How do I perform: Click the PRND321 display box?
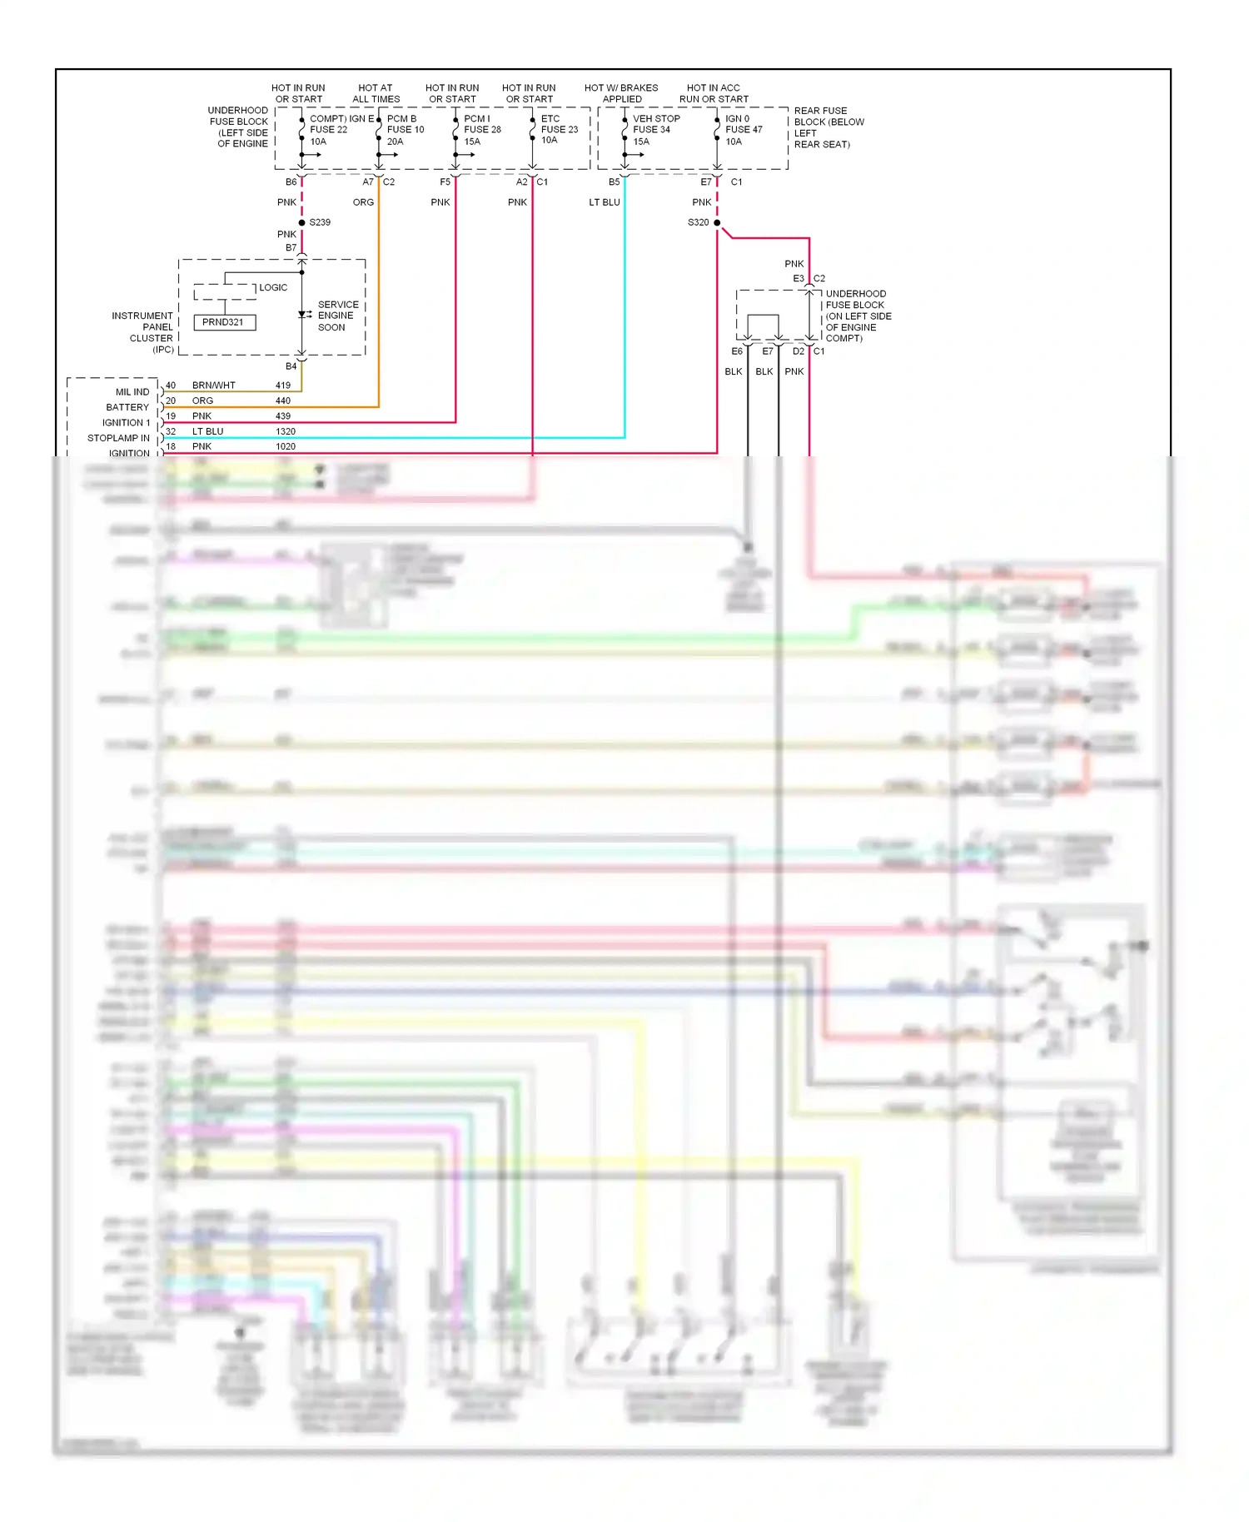point(224,322)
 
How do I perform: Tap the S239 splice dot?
point(301,222)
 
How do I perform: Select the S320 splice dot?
point(717,222)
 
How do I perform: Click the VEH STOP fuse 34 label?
point(655,130)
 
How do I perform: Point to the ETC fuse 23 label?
point(559,129)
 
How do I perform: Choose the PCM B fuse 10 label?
point(405,130)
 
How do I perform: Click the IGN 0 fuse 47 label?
point(743,130)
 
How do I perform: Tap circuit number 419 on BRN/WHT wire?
point(283,385)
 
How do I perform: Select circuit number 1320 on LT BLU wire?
point(286,431)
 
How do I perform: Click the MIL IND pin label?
point(132,392)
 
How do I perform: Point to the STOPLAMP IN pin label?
point(118,438)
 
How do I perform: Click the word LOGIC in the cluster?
point(273,287)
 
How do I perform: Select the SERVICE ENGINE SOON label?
point(337,316)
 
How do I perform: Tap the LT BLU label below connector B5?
point(605,202)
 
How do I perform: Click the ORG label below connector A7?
point(363,202)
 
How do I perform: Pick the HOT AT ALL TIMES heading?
point(376,93)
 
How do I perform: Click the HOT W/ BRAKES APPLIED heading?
point(621,93)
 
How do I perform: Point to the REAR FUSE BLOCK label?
point(829,127)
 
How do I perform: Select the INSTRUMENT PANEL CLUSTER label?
point(143,332)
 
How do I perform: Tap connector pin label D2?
point(799,351)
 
